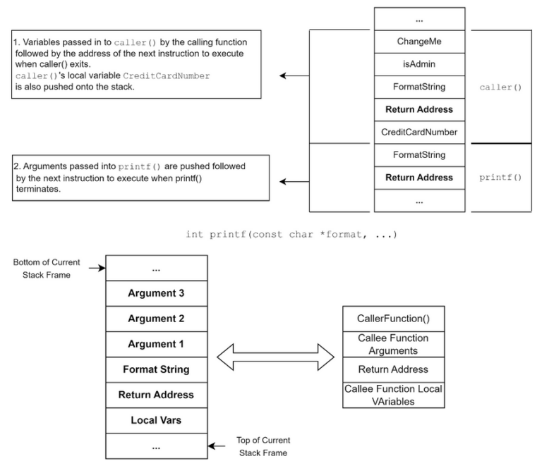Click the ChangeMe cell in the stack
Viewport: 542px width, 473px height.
point(419,42)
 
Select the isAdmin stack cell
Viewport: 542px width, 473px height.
point(419,64)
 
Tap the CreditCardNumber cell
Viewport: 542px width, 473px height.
point(419,132)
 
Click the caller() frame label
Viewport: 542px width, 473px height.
point(500,87)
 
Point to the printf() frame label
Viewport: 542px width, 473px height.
point(500,177)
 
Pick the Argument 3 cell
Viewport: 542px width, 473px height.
point(156,293)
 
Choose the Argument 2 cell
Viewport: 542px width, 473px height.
point(156,318)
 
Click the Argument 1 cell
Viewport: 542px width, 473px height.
point(156,343)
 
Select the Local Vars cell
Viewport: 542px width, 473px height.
point(156,420)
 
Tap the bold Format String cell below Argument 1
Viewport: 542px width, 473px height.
point(156,369)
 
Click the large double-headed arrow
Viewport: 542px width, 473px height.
point(275,356)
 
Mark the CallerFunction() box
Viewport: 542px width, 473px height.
point(392,319)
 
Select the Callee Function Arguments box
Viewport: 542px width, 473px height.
point(392,344)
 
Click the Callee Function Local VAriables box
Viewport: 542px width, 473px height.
point(392,395)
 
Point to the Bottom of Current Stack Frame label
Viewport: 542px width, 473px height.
point(47,268)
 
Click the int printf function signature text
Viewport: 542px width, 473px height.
point(291,234)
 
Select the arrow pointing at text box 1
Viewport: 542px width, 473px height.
point(294,75)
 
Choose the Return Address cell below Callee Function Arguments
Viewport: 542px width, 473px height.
point(392,369)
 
